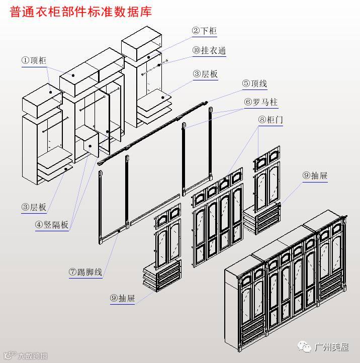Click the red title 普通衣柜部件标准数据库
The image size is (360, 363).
(x=81, y=12)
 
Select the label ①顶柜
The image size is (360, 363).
(x=34, y=60)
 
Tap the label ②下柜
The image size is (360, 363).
(x=204, y=31)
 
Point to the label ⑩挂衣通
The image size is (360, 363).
(x=209, y=51)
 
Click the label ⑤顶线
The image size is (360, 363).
(x=254, y=84)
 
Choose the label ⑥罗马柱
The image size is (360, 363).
(x=261, y=103)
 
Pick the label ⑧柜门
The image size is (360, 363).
(x=271, y=121)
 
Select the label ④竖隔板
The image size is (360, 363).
(x=52, y=225)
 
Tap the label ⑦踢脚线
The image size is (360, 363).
(x=85, y=273)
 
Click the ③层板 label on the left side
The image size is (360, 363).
(x=34, y=207)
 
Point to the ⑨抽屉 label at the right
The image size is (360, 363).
(x=315, y=176)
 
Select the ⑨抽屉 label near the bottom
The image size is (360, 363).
(x=123, y=298)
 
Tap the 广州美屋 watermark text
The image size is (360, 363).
(x=331, y=347)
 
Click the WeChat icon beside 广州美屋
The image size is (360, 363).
(x=305, y=347)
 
